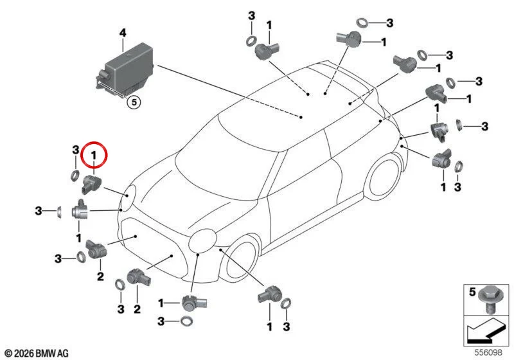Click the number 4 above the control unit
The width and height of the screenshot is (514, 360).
[123, 33]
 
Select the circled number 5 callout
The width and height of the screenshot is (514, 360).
[134, 102]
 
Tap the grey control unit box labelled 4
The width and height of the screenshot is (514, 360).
[124, 69]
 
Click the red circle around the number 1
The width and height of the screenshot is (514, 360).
[94, 155]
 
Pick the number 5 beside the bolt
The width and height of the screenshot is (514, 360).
[472, 292]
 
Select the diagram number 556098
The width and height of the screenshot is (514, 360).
[488, 352]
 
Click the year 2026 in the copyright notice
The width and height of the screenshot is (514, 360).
[24, 353]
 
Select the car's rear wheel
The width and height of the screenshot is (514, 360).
[384, 178]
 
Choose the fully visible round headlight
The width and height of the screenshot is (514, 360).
[202, 241]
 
